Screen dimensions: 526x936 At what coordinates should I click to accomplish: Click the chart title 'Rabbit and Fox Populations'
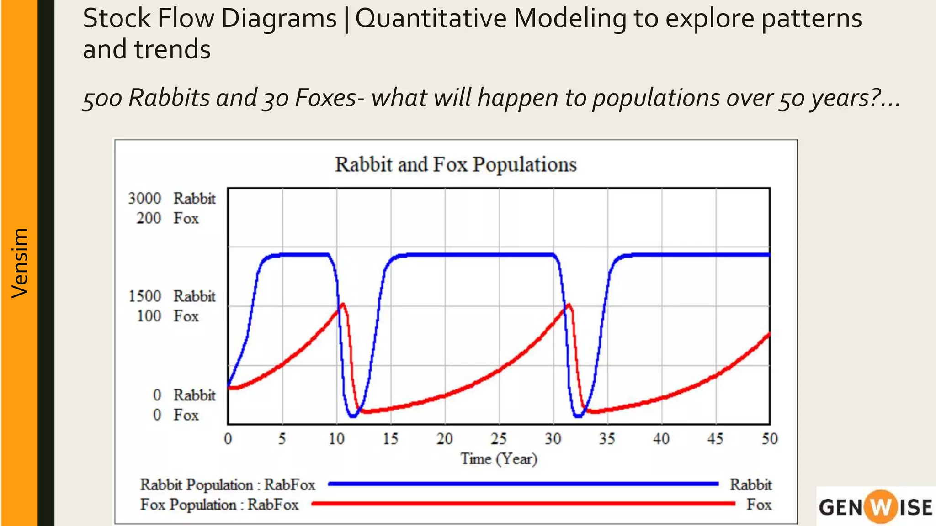pyautogui.click(x=456, y=164)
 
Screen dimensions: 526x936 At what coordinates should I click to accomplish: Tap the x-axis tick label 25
pyautogui.click(x=499, y=439)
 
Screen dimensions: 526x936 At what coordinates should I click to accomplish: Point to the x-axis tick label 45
pyautogui.click(x=715, y=439)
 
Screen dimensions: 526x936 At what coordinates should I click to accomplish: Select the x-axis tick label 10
pyautogui.click(x=336, y=439)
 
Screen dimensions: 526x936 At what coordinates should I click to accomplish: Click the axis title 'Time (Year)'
pyautogui.click(x=499, y=458)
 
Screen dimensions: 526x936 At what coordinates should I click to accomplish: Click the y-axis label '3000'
pyautogui.click(x=144, y=199)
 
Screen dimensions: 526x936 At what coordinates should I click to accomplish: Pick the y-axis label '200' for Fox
pyautogui.click(x=149, y=218)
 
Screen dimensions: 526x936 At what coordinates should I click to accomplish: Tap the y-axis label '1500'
pyautogui.click(x=144, y=296)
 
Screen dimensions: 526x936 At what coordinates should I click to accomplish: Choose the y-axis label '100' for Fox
pyautogui.click(x=149, y=316)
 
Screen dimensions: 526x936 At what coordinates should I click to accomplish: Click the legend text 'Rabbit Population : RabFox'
pyautogui.click(x=228, y=484)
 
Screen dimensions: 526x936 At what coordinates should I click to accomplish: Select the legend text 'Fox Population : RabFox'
pyautogui.click(x=219, y=505)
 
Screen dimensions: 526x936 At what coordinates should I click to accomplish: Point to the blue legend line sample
pyautogui.click(x=523, y=484)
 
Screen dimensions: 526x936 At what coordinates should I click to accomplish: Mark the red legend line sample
pyautogui.click(x=523, y=504)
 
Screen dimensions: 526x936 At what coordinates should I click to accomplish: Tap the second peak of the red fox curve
pyautogui.click(x=569, y=305)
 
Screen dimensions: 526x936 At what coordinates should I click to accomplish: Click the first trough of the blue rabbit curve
pyautogui.click(x=353, y=416)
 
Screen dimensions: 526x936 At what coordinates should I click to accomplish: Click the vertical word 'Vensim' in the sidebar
pyautogui.click(x=20, y=263)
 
